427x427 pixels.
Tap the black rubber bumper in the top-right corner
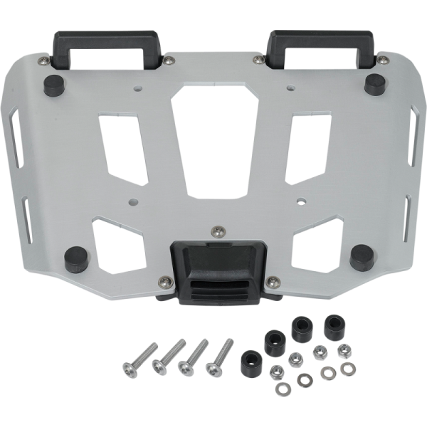point(375,83)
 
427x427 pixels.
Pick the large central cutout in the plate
point(216,142)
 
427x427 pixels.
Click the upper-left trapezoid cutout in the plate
point(122,146)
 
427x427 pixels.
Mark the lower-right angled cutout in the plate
point(317,244)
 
